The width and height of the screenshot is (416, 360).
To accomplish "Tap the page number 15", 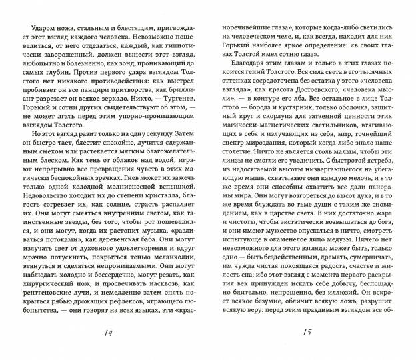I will tap(304, 334).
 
